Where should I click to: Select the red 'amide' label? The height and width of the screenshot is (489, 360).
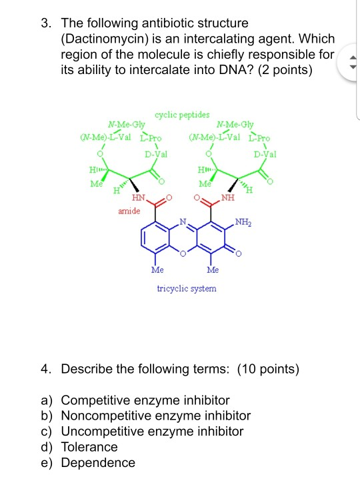point(129,211)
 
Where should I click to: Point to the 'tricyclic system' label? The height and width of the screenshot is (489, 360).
point(187,288)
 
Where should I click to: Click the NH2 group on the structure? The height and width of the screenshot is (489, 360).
point(243,221)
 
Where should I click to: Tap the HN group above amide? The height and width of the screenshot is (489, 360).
point(139,199)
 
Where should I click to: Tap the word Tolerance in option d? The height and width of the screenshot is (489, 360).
point(89,447)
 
